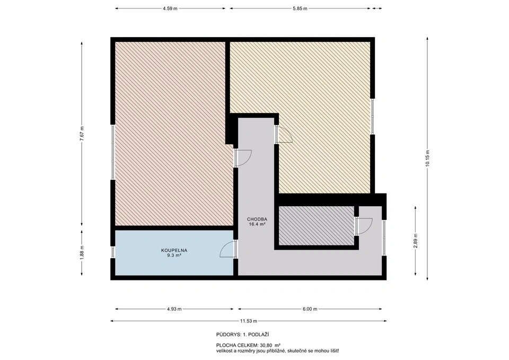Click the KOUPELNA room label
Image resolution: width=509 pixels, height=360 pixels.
tap(174, 250)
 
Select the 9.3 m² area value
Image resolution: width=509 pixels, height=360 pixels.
tap(174, 255)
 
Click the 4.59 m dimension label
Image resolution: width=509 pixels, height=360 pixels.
tap(170, 9)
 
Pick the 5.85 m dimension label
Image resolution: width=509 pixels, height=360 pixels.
tap(300, 9)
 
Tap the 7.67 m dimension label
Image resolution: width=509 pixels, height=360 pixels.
tap(82, 133)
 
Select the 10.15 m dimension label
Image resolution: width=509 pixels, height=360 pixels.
tap(427, 159)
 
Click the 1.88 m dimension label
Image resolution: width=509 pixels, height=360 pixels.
tap(82, 251)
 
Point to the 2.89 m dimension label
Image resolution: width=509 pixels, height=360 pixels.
tap(416, 241)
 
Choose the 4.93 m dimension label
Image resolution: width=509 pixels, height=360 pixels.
tap(174, 309)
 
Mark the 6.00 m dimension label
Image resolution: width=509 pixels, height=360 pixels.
tap(310, 309)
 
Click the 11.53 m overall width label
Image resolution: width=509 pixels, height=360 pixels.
tap(248, 321)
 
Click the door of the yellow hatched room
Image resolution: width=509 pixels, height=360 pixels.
tap(284, 134)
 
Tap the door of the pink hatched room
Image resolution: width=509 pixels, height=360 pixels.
tap(243, 158)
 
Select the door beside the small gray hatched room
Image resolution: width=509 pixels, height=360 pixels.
tap(364, 226)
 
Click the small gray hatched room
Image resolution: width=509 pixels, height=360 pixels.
tap(317, 226)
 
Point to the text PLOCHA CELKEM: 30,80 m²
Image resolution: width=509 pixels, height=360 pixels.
tap(248, 345)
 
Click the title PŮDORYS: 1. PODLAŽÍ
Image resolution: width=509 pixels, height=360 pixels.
tap(243, 335)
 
